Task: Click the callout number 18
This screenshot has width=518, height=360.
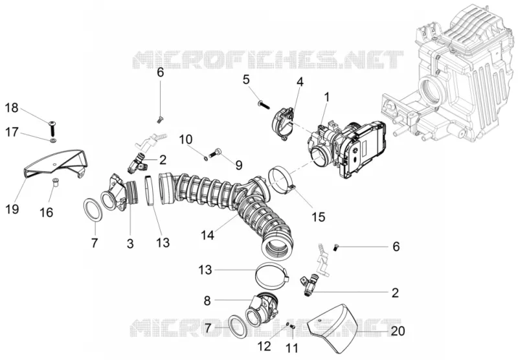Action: [12, 108]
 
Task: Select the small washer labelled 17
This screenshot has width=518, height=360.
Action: [53, 141]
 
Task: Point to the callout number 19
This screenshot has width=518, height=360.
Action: [12, 208]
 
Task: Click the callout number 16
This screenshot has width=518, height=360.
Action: [46, 212]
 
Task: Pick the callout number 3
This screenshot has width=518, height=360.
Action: [130, 243]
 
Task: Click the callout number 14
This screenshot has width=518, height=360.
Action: [207, 235]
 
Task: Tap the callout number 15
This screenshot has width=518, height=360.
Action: [319, 217]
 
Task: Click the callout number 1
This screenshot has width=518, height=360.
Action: [327, 97]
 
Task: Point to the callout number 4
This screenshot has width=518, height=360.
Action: [300, 82]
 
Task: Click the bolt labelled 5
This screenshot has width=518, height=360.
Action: [264, 106]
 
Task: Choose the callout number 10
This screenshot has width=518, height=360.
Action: [186, 139]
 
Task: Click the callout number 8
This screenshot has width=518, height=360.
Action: [207, 301]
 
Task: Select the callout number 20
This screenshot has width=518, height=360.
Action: [398, 331]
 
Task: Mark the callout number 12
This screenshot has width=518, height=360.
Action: [265, 346]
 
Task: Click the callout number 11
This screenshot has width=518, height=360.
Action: [293, 348]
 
